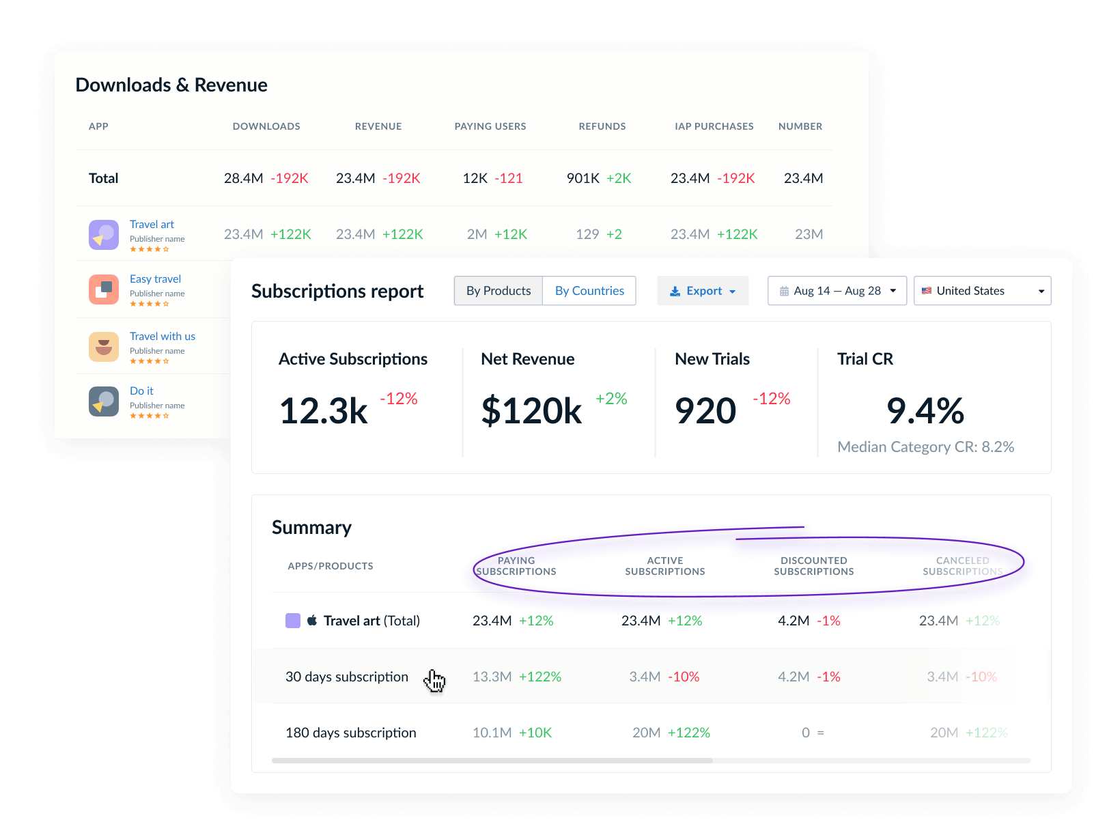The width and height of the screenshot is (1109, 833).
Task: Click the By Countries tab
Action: point(589,291)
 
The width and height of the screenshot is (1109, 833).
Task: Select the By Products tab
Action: point(499,291)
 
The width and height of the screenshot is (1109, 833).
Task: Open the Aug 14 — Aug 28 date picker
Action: point(837,291)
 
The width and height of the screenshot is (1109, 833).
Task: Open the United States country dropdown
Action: point(982,291)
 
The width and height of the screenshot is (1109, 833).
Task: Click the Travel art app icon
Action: point(104,235)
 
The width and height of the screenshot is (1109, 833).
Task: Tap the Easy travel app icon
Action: point(104,290)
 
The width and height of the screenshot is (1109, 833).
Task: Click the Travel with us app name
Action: point(163,336)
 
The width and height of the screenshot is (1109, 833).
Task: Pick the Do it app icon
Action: point(104,401)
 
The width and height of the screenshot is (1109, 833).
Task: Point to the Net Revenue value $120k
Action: point(531,411)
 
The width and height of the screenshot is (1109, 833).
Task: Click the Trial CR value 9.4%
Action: point(925,411)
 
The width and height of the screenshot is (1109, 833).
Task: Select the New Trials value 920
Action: point(705,411)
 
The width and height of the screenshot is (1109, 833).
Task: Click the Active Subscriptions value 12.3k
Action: point(324,411)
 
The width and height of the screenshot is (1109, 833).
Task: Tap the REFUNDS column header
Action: point(602,126)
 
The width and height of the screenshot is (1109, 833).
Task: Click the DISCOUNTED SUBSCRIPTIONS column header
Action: point(814,566)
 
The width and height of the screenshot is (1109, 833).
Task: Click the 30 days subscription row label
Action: point(347,677)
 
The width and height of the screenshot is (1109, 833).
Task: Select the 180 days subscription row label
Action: point(351,733)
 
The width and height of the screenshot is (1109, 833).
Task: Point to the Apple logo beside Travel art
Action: point(312,620)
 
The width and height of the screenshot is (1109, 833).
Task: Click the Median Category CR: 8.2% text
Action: point(925,447)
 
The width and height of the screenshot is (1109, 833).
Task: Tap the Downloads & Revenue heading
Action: point(171,85)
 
